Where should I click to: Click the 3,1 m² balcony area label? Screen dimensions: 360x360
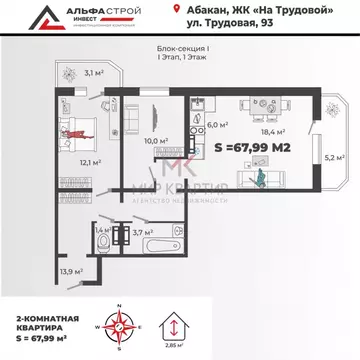point(94,73)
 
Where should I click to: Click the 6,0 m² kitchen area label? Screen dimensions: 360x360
point(218,126)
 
